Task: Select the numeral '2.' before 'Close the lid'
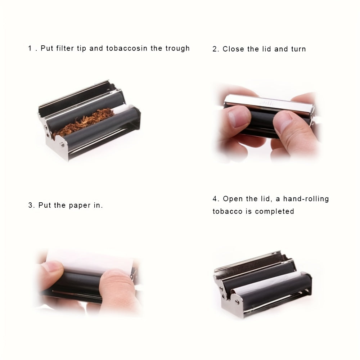[x=216, y=49]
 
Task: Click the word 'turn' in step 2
[x=298, y=49]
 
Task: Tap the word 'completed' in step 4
[x=275, y=211]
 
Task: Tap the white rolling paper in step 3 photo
[x=90, y=259]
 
